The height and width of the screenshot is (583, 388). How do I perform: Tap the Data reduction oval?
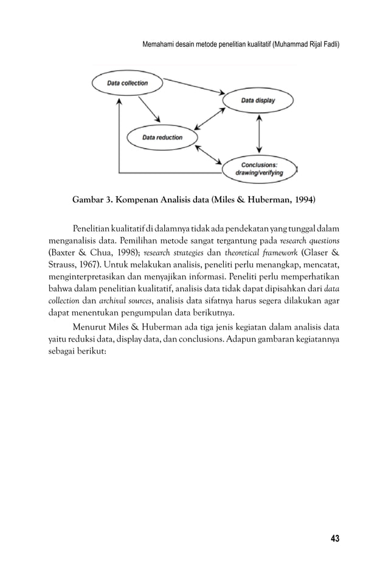click(162, 138)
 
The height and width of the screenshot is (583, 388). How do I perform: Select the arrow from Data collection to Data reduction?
click(149, 110)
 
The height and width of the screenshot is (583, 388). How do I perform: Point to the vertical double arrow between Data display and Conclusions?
click(260, 135)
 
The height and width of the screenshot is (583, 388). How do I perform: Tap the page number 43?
click(334, 538)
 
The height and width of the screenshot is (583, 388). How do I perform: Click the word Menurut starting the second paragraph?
click(90, 328)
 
